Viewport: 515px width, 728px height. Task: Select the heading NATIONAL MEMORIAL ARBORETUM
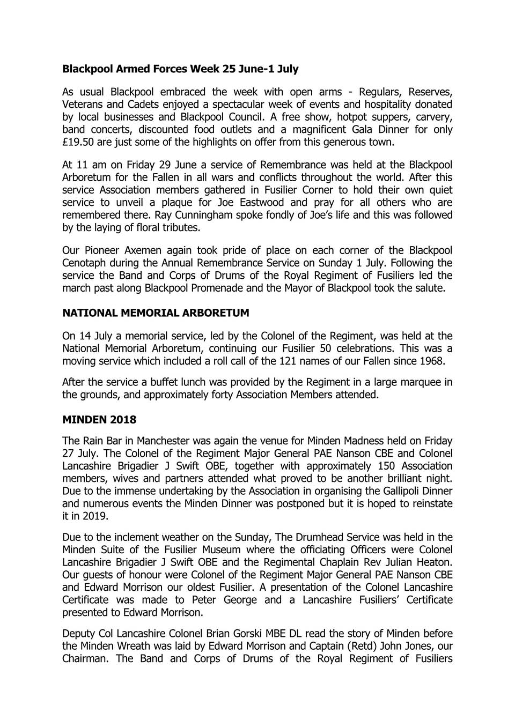click(x=156, y=313)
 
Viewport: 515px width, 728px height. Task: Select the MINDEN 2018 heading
click(x=99, y=420)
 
